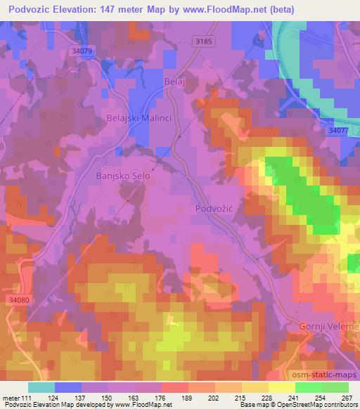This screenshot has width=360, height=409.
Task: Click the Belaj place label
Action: pos(174,82)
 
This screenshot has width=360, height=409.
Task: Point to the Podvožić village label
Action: pos(214,209)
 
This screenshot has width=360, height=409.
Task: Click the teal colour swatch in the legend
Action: pos(41,387)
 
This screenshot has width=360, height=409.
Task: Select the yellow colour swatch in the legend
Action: pos(281,387)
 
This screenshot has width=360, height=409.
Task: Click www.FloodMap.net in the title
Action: pos(223,9)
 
